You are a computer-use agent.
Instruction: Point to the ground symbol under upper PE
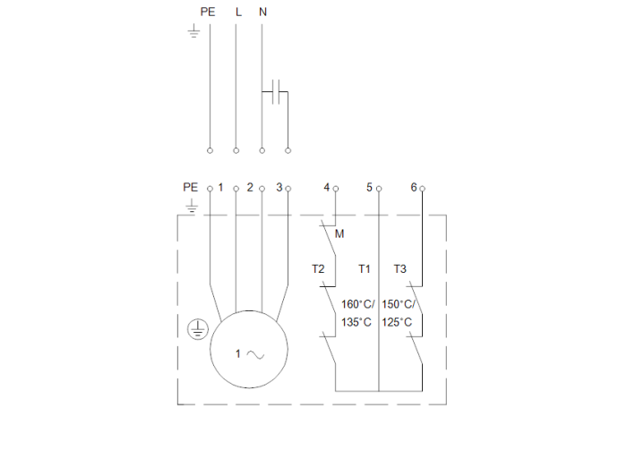click(x=193, y=33)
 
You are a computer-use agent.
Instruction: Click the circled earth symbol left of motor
click(x=195, y=330)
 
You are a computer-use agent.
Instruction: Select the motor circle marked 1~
click(x=250, y=350)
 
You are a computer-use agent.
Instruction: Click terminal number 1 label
click(x=220, y=187)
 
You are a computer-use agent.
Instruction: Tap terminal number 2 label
click(x=250, y=187)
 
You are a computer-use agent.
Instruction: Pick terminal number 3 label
click(x=279, y=187)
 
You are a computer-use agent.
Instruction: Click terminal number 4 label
click(x=326, y=187)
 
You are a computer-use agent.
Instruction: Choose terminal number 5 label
click(x=369, y=187)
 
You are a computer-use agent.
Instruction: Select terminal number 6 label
click(x=413, y=187)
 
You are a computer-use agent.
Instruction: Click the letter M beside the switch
click(x=339, y=234)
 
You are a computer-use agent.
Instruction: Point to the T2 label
click(x=318, y=268)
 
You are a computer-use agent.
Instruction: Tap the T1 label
click(x=365, y=268)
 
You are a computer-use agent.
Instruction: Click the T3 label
click(x=399, y=268)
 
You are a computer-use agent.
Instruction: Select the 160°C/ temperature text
click(x=358, y=303)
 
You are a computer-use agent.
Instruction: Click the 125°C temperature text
click(x=397, y=322)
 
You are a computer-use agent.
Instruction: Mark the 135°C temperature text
click(x=356, y=322)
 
